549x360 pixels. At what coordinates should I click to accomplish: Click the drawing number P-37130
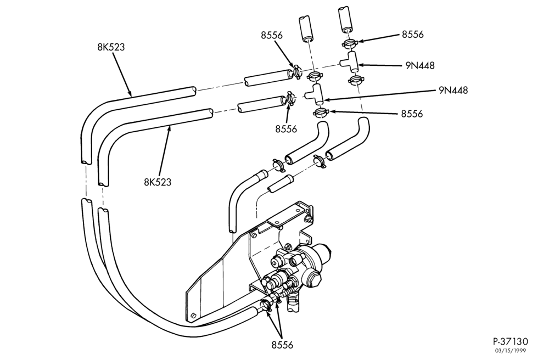(x=510, y=341)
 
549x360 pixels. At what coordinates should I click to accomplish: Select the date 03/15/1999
(x=510, y=351)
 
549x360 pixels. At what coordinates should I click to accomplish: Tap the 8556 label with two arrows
(x=282, y=345)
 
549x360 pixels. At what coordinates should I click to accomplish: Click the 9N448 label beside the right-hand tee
(x=420, y=65)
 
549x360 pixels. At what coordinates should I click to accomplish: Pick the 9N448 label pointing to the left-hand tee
(x=453, y=90)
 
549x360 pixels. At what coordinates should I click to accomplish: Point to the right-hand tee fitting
(x=349, y=62)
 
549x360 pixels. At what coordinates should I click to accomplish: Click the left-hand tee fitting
(x=315, y=93)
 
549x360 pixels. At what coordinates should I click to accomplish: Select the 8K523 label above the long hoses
(x=111, y=47)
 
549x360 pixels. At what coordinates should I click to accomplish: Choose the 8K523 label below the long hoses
(x=158, y=182)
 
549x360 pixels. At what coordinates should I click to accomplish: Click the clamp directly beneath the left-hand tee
(x=321, y=113)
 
